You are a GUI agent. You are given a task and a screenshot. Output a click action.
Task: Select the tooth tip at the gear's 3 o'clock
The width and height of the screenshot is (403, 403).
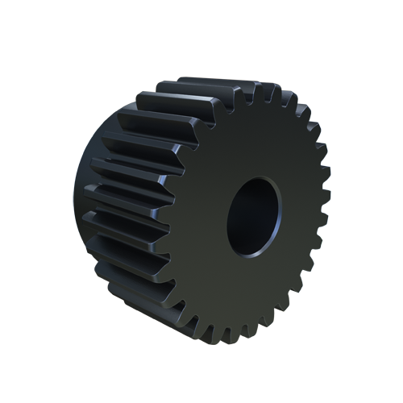point(325,211)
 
